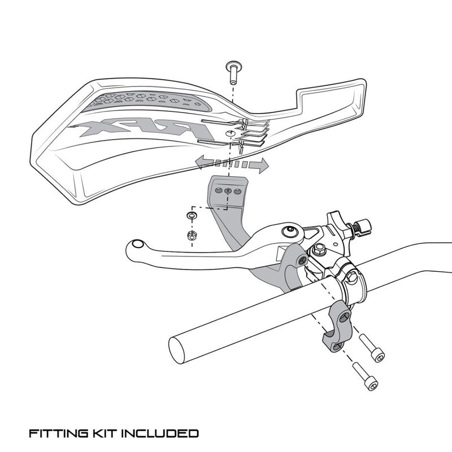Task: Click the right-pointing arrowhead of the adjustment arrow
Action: coord(262,165)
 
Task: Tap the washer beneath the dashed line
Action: coord(193,216)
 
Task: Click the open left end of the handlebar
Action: coord(180,346)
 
